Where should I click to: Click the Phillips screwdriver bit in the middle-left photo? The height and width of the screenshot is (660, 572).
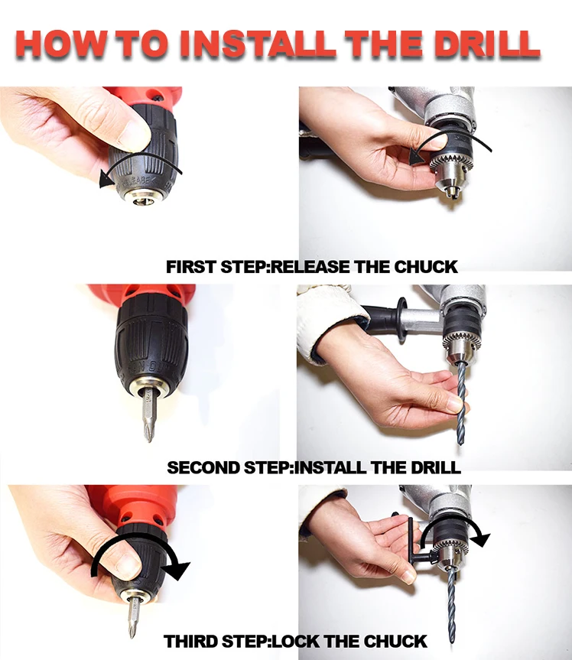tap(148, 415)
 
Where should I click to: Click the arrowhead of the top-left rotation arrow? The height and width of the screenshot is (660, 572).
tap(106, 180)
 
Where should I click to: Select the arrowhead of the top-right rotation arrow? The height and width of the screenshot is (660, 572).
tap(416, 157)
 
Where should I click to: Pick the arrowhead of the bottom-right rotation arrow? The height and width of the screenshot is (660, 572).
tap(479, 538)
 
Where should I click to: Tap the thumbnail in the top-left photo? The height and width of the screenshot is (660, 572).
tap(134, 135)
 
